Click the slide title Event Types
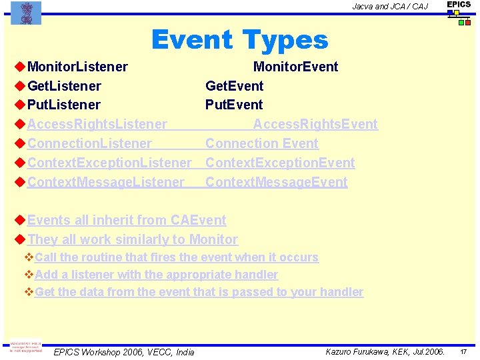pyautogui.click(x=239, y=40)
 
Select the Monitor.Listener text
pyautogui.click(x=77, y=67)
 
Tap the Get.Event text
pyautogui.click(x=234, y=86)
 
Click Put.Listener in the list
pyautogui.click(x=64, y=105)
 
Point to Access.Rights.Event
pyautogui.click(x=315, y=124)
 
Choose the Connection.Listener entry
pyautogui.click(x=89, y=143)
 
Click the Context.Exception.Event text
pyautogui.click(x=280, y=163)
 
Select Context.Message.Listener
pyautogui.click(x=105, y=182)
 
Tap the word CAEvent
pyautogui.click(x=199, y=220)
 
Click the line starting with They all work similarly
pyautogui.click(x=132, y=239)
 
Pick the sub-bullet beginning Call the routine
pyautogui.click(x=176, y=257)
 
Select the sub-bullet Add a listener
pyautogui.click(x=156, y=275)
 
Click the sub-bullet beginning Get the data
pyautogui.click(x=199, y=292)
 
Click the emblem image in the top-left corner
pyautogui.click(x=26, y=13)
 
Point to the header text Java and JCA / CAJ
pyautogui.click(x=390, y=7)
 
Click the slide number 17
pyautogui.click(x=464, y=351)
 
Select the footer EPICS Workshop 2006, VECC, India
pyautogui.click(x=124, y=352)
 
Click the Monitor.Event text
pyautogui.click(x=295, y=67)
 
